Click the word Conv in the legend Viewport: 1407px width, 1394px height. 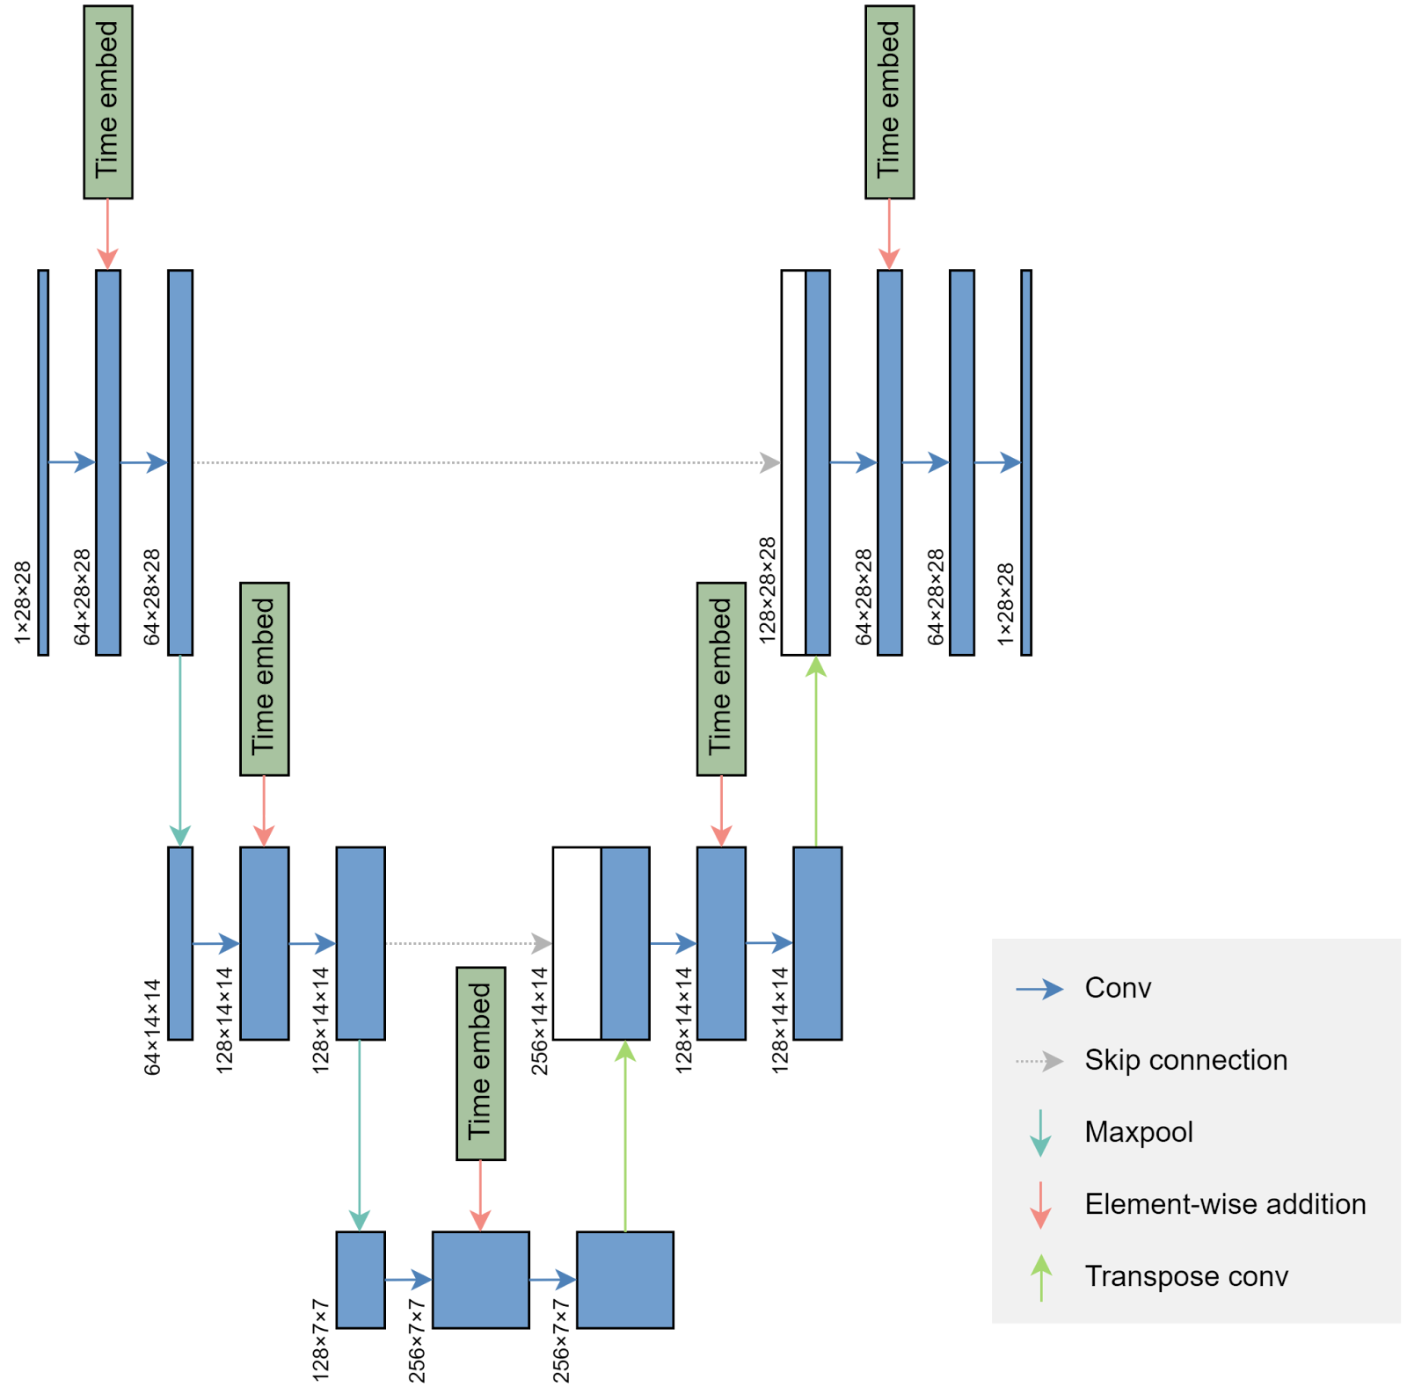click(x=1118, y=988)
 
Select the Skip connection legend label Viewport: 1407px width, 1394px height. click(x=1185, y=1060)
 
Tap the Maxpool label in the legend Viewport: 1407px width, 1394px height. click(x=1139, y=1132)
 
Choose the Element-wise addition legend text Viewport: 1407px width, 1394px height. click(x=1225, y=1204)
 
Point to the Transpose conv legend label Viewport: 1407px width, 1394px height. click(x=1186, y=1276)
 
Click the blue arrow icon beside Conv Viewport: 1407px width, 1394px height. click(x=1039, y=989)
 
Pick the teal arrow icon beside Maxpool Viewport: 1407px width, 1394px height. click(x=1040, y=1133)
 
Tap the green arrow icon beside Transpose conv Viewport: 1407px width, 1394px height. click(x=1041, y=1277)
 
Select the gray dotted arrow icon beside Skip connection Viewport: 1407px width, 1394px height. click(x=1039, y=1061)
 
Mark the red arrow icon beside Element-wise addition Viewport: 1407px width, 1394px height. click(x=1040, y=1205)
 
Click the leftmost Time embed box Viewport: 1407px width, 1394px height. click(x=108, y=102)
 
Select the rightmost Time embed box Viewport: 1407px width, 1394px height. click(x=889, y=102)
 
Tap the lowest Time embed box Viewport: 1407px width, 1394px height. click(x=480, y=1064)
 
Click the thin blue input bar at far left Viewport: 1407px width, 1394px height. click(x=43, y=462)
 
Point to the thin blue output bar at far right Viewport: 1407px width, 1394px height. click(x=1026, y=462)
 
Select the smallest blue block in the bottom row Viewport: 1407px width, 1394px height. click(x=361, y=1280)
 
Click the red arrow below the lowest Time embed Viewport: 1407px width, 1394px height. click(x=480, y=1195)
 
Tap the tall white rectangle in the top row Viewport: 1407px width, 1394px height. click(x=793, y=462)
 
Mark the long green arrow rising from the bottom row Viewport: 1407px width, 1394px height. click(x=625, y=1143)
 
